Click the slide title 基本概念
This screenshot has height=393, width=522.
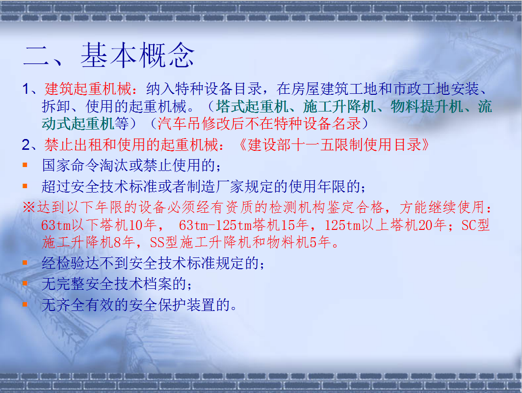(137, 55)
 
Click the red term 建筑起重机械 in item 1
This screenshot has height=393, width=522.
(88, 89)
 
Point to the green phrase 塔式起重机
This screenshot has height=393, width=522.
(252, 107)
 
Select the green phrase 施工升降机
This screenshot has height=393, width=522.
(339, 107)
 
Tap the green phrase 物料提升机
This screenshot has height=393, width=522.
(427, 107)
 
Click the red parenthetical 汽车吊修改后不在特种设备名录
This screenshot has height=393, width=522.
(259, 124)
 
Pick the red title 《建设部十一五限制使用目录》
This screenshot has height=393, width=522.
(334, 144)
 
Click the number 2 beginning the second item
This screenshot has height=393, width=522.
(26, 145)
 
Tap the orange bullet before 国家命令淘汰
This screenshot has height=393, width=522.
(25, 165)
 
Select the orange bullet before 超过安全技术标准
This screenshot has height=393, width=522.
(25, 186)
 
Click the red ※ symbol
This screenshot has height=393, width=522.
(28, 207)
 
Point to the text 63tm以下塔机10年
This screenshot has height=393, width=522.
(99, 225)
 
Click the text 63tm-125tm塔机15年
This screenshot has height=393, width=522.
(243, 225)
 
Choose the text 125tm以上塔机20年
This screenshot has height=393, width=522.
(386, 225)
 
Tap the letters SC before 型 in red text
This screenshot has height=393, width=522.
(468, 225)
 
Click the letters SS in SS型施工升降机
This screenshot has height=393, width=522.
(157, 242)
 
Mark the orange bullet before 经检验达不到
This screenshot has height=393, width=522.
(25, 263)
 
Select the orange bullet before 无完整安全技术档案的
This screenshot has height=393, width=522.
(25, 283)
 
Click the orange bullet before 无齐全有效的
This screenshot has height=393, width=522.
(25, 305)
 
